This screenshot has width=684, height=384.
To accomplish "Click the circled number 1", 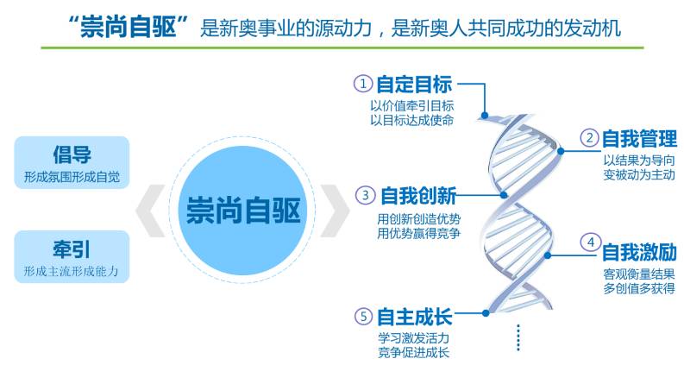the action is (363, 83).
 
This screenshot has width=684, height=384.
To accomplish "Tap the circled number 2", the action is (589, 138).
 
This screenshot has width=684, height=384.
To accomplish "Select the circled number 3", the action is (366, 195).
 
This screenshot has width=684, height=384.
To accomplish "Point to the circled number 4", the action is (591, 242).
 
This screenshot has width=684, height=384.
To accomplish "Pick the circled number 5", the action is (363, 317).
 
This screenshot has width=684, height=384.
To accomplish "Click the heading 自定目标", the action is (414, 84).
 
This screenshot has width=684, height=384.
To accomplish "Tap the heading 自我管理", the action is (639, 139).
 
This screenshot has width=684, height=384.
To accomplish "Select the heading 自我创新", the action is (418, 196).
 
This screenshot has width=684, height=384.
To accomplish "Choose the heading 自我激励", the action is (639, 252).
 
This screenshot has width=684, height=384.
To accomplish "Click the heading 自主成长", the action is (414, 317).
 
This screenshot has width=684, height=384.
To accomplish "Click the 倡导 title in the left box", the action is (72, 154).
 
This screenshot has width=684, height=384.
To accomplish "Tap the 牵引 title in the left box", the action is (72, 249).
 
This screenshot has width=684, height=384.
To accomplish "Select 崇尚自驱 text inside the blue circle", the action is (243, 211).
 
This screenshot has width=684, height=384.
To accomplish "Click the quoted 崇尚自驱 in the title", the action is (128, 27).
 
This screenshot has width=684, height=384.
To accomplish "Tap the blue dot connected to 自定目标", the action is (485, 116).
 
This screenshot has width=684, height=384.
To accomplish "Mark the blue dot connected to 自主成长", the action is (486, 313).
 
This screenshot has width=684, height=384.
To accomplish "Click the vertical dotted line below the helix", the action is (518, 337).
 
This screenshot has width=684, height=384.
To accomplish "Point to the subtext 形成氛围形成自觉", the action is (72, 177).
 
